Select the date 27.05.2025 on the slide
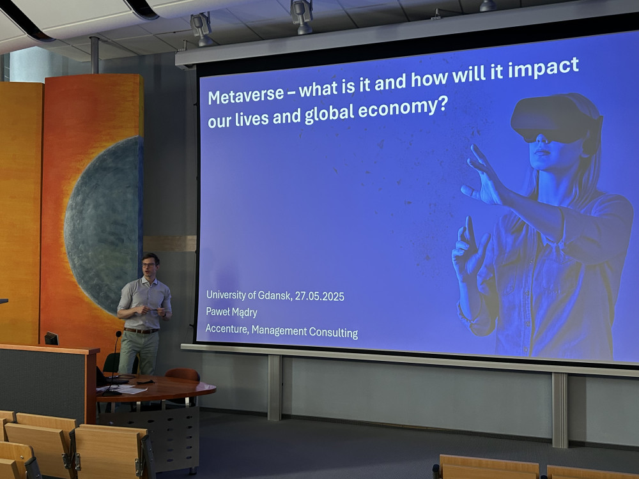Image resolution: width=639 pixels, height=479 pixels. (319, 296)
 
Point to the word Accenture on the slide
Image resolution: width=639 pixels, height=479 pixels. (227, 329)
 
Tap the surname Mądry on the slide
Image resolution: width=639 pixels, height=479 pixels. (244, 313)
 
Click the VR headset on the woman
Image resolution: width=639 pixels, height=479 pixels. (557, 119)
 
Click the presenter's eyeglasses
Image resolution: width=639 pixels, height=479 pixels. (149, 265)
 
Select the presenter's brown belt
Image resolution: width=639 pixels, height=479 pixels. (141, 331)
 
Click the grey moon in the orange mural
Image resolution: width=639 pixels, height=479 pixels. (102, 225)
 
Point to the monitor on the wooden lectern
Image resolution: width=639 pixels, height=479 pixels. (51, 338)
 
